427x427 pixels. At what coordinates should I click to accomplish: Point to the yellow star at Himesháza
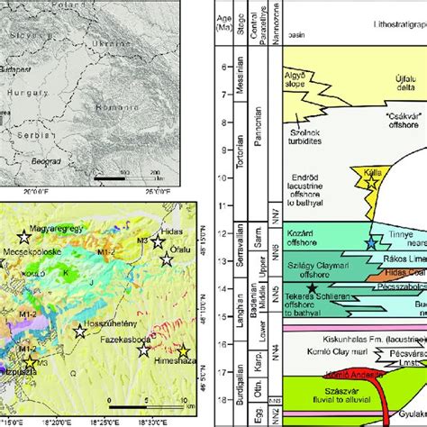click(184, 352)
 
